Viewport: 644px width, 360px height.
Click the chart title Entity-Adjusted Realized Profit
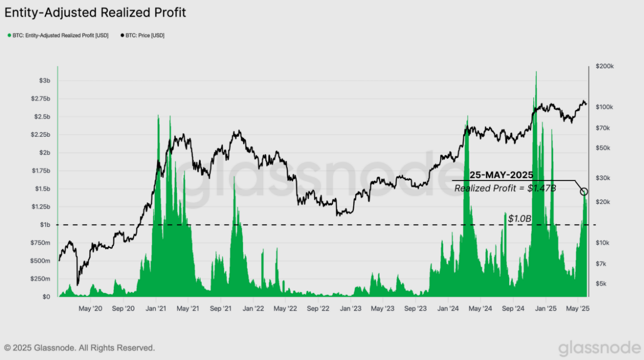click(x=95, y=13)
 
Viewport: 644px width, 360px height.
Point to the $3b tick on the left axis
click(x=45, y=81)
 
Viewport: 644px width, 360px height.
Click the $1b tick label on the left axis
click(x=45, y=225)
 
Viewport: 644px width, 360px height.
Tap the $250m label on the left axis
click(x=41, y=279)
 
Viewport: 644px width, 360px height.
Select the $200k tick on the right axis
click(x=605, y=67)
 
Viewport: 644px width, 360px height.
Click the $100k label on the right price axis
click(x=605, y=107)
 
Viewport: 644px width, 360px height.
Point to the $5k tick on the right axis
click(x=602, y=284)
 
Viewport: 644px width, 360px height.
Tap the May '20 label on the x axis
click(x=90, y=309)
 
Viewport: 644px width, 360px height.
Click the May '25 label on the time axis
click(x=577, y=309)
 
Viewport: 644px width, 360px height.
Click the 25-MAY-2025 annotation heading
click(x=501, y=175)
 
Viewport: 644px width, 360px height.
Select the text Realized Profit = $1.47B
click(x=505, y=189)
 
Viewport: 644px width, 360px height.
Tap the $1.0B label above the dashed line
click(x=519, y=219)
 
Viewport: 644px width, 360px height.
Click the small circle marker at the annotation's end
click(x=584, y=192)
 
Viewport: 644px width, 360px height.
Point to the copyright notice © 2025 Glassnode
click(x=79, y=348)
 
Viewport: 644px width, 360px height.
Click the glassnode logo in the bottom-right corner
click(x=599, y=348)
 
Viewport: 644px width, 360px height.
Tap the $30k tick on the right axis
click(x=603, y=178)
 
